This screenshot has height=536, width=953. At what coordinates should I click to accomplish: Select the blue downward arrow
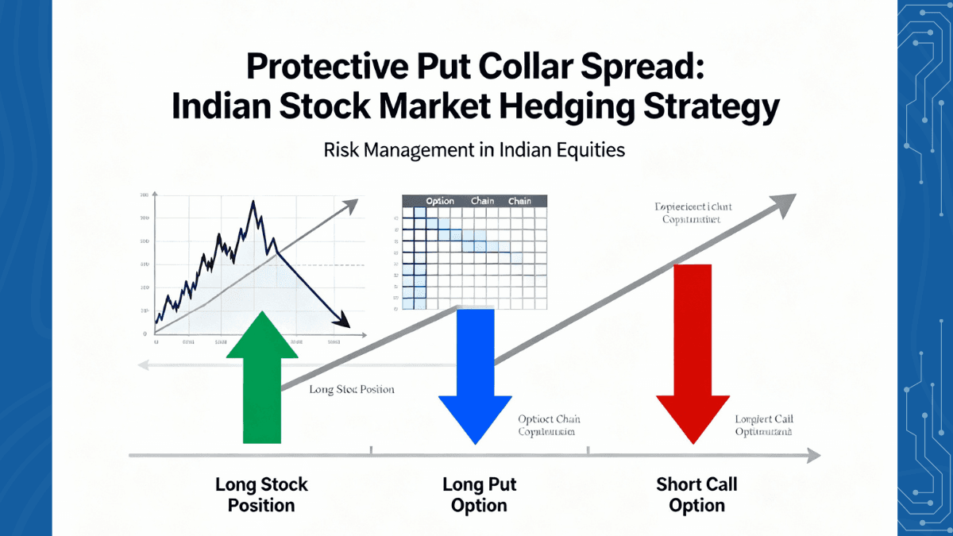click(476, 373)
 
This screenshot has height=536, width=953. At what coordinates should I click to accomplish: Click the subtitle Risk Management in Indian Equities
click(474, 150)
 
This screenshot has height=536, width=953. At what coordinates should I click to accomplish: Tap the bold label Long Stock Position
click(261, 495)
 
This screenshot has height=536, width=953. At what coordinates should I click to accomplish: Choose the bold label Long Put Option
click(476, 495)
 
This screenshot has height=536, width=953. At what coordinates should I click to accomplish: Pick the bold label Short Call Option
click(696, 495)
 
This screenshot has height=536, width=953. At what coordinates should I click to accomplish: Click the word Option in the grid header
click(440, 201)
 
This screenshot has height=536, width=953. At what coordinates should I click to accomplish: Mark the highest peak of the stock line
click(253, 202)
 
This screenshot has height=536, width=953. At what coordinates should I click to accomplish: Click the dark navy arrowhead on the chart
click(343, 320)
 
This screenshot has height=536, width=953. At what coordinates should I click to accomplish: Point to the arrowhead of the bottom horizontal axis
click(813, 456)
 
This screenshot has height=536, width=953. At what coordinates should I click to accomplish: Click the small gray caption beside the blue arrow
click(546, 426)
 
